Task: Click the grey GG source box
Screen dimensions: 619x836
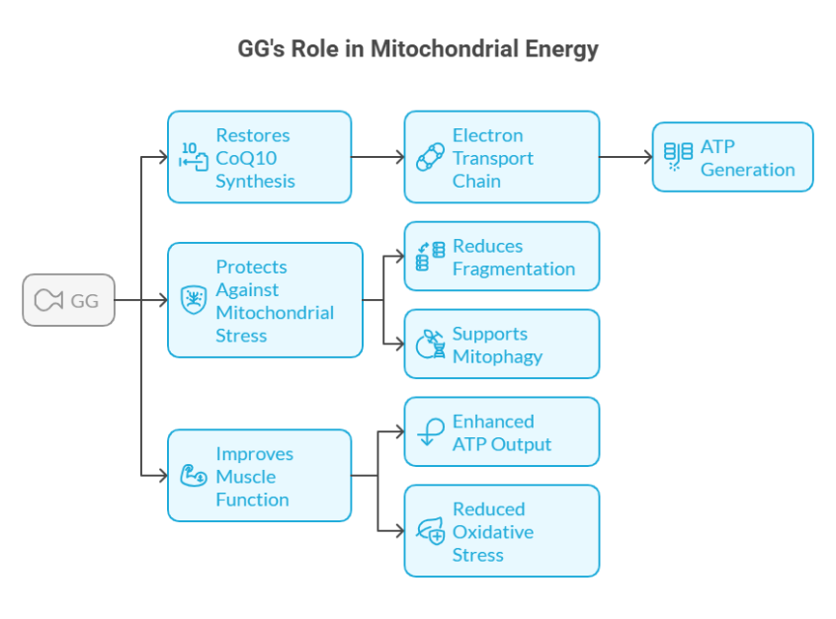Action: click(x=68, y=300)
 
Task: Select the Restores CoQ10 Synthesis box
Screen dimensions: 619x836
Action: click(x=259, y=157)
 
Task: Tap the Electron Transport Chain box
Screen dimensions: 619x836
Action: click(x=501, y=157)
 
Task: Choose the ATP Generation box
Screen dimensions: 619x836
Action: click(x=732, y=157)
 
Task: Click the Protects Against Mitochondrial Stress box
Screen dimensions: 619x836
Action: click(x=265, y=300)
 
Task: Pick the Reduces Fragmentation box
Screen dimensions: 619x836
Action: click(x=501, y=257)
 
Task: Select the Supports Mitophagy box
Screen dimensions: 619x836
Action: click(x=501, y=345)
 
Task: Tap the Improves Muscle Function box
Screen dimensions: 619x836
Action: click(x=259, y=476)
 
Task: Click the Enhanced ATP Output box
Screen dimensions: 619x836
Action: click(x=501, y=432)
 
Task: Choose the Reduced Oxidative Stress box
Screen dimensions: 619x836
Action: click(x=501, y=531)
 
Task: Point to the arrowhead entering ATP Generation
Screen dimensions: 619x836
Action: click(x=646, y=157)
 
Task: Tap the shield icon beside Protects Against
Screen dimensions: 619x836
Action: click(x=194, y=300)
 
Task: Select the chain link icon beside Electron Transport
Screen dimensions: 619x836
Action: click(x=430, y=157)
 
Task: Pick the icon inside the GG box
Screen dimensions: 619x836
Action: click(x=48, y=300)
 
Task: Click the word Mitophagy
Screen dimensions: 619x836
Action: click(x=497, y=356)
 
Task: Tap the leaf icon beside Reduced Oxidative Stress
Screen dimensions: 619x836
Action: click(x=431, y=531)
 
